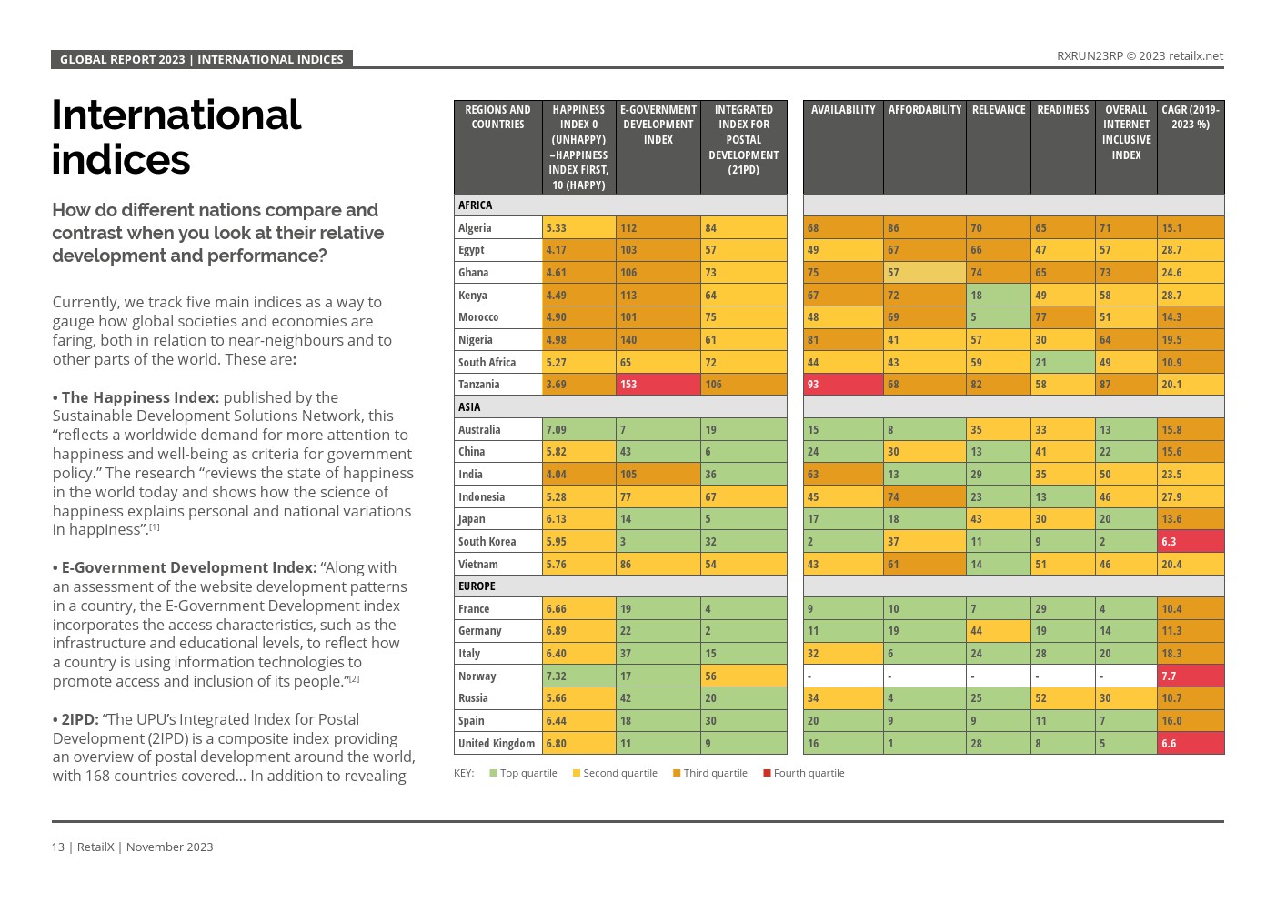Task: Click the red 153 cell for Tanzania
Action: [658, 385]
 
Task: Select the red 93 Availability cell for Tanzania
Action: [842, 385]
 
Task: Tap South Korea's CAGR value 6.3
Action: [1191, 542]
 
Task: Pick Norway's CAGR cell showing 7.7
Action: [1191, 676]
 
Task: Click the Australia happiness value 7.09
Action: [579, 430]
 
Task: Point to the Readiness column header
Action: [1062, 110]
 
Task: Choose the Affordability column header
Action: [924, 110]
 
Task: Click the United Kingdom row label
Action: [497, 744]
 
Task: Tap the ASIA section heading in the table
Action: [469, 407]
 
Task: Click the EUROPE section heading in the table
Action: [477, 586]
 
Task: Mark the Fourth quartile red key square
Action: [767, 774]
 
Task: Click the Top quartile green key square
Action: [493, 774]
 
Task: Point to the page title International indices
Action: [176, 137]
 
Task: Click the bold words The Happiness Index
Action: [140, 397]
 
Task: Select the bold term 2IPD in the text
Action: [79, 719]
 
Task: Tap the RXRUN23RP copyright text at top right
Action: [1140, 56]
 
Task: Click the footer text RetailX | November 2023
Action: [145, 847]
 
